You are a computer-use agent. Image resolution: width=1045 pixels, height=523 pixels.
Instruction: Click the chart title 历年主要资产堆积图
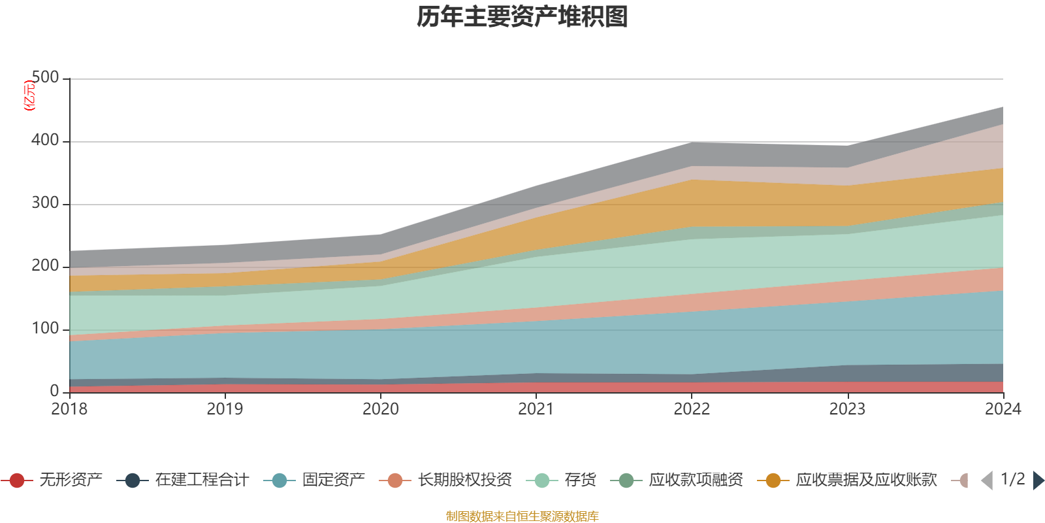coord(522,17)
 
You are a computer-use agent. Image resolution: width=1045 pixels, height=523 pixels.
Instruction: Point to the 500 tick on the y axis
coord(45,78)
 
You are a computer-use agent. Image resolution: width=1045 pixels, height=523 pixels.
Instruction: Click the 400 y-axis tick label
coord(45,141)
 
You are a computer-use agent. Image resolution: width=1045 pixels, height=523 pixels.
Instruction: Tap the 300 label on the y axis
coord(45,203)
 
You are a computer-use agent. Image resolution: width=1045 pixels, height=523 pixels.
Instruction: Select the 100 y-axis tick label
coord(45,329)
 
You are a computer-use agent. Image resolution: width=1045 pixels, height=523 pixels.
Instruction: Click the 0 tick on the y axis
coord(54,391)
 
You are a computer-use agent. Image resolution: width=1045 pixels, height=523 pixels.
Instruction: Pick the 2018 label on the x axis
coord(69,409)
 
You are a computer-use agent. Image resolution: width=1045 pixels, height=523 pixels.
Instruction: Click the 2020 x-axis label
coord(381,409)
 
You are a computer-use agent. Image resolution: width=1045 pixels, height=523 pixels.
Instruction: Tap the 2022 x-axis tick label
coord(692,409)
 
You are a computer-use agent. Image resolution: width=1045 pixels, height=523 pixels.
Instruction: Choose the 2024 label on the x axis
coord(1003,409)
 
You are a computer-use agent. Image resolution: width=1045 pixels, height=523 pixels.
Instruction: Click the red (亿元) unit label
coord(29,95)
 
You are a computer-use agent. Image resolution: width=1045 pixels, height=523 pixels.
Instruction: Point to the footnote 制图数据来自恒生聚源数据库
coord(522,516)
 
